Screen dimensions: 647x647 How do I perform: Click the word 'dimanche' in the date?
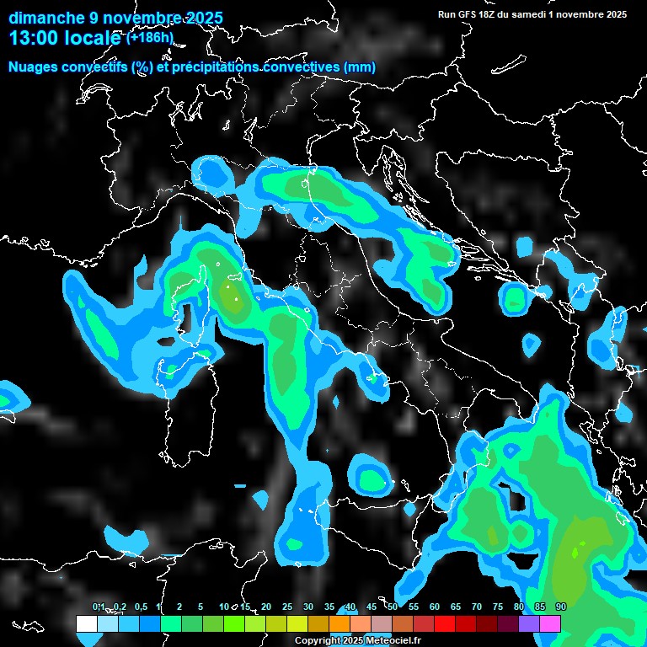click(x=45, y=17)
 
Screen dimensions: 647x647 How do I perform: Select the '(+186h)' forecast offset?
click(x=149, y=37)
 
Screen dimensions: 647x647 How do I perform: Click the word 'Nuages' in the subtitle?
click(x=33, y=67)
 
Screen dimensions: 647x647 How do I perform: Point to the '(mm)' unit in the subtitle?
click(x=358, y=67)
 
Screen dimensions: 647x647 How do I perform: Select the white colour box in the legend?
click(x=86, y=623)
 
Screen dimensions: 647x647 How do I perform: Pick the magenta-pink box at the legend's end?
click(x=550, y=623)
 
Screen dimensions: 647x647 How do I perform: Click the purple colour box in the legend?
click(x=529, y=623)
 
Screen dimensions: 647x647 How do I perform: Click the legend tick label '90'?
click(x=561, y=607)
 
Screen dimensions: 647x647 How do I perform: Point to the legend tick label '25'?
click(x=287, y=607)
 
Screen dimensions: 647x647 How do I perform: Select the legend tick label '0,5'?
click(x=140, y=607)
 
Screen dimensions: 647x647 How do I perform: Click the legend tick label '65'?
click(x=456, y=607)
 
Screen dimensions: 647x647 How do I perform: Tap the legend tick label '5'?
click(x=201, y=607)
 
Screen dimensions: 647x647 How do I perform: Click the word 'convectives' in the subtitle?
click(x=298, y=67)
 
